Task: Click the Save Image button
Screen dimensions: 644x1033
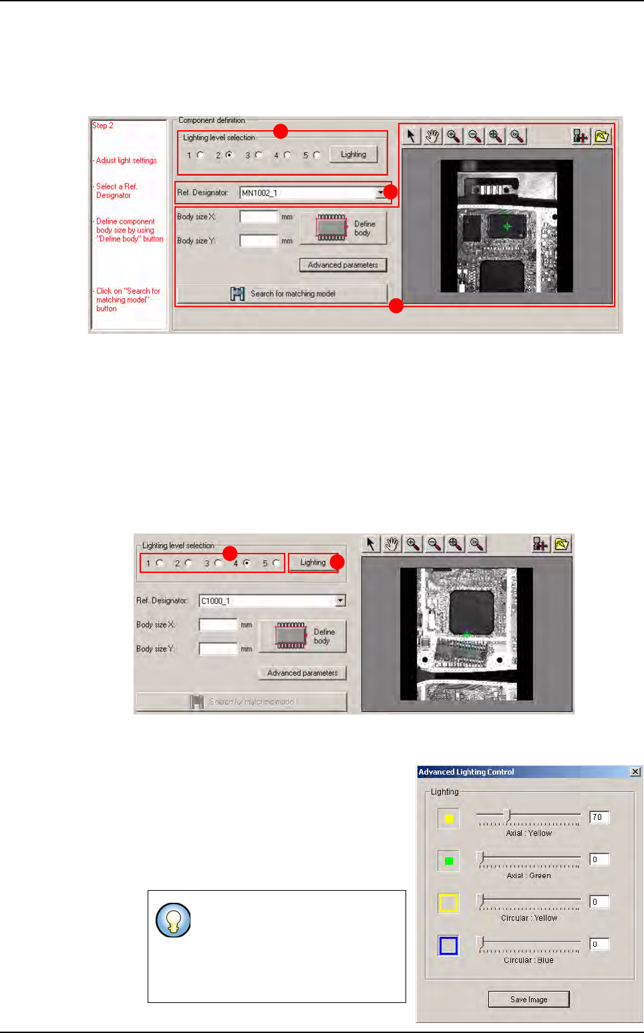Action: coord(528,999)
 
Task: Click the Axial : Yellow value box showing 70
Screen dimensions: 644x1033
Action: coord(599,817)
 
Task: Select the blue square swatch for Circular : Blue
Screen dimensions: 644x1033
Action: coord(448,946)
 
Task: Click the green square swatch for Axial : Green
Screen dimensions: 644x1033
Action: coord(448,861)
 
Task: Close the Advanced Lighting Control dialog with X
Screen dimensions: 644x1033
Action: coord(635,772)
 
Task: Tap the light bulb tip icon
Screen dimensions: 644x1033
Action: coord(173,920)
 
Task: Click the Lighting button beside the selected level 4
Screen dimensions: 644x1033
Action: coord(313,562)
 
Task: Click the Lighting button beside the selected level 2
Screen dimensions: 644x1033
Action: coord(353,154)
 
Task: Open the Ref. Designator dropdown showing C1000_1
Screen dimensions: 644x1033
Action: coord(340,601)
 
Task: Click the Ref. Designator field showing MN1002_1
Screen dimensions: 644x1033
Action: coord(307,193)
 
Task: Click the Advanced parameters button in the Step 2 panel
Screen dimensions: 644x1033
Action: coord(343,265)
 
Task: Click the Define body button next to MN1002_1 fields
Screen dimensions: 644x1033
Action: coord(343,228)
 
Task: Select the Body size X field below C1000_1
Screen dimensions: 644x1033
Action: coord(218,625)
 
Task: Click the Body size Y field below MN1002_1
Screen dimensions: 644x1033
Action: coord(259,240)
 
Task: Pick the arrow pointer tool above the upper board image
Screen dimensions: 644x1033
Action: coord(411,136)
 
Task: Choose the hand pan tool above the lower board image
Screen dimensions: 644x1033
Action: coord(392,544)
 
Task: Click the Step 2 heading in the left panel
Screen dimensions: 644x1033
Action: coord(103,126)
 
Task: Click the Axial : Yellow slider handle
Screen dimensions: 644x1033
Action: coord(507,815)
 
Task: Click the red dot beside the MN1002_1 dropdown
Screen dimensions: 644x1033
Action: coord(391,192)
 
